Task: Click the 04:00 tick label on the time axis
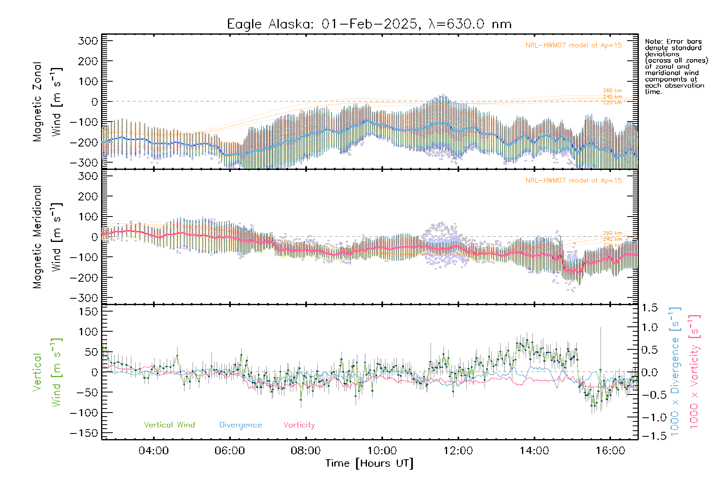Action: tap(153, 451)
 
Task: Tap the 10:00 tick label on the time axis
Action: tap(382, 451)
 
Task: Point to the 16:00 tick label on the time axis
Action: tap(610, 451)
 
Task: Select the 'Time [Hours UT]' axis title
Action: tap(369, 463)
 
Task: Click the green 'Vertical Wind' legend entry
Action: tap(169, 425)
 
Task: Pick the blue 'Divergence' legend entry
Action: tap(240, 425)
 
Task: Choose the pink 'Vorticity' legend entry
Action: tap(299, 425)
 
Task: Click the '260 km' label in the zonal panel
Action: tap(612, 91)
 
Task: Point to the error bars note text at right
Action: tap(676, 66)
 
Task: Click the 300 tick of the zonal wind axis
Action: tap(88, 41)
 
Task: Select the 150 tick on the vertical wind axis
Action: tap(88, 312)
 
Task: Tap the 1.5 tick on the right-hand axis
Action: tap(650, 308)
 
